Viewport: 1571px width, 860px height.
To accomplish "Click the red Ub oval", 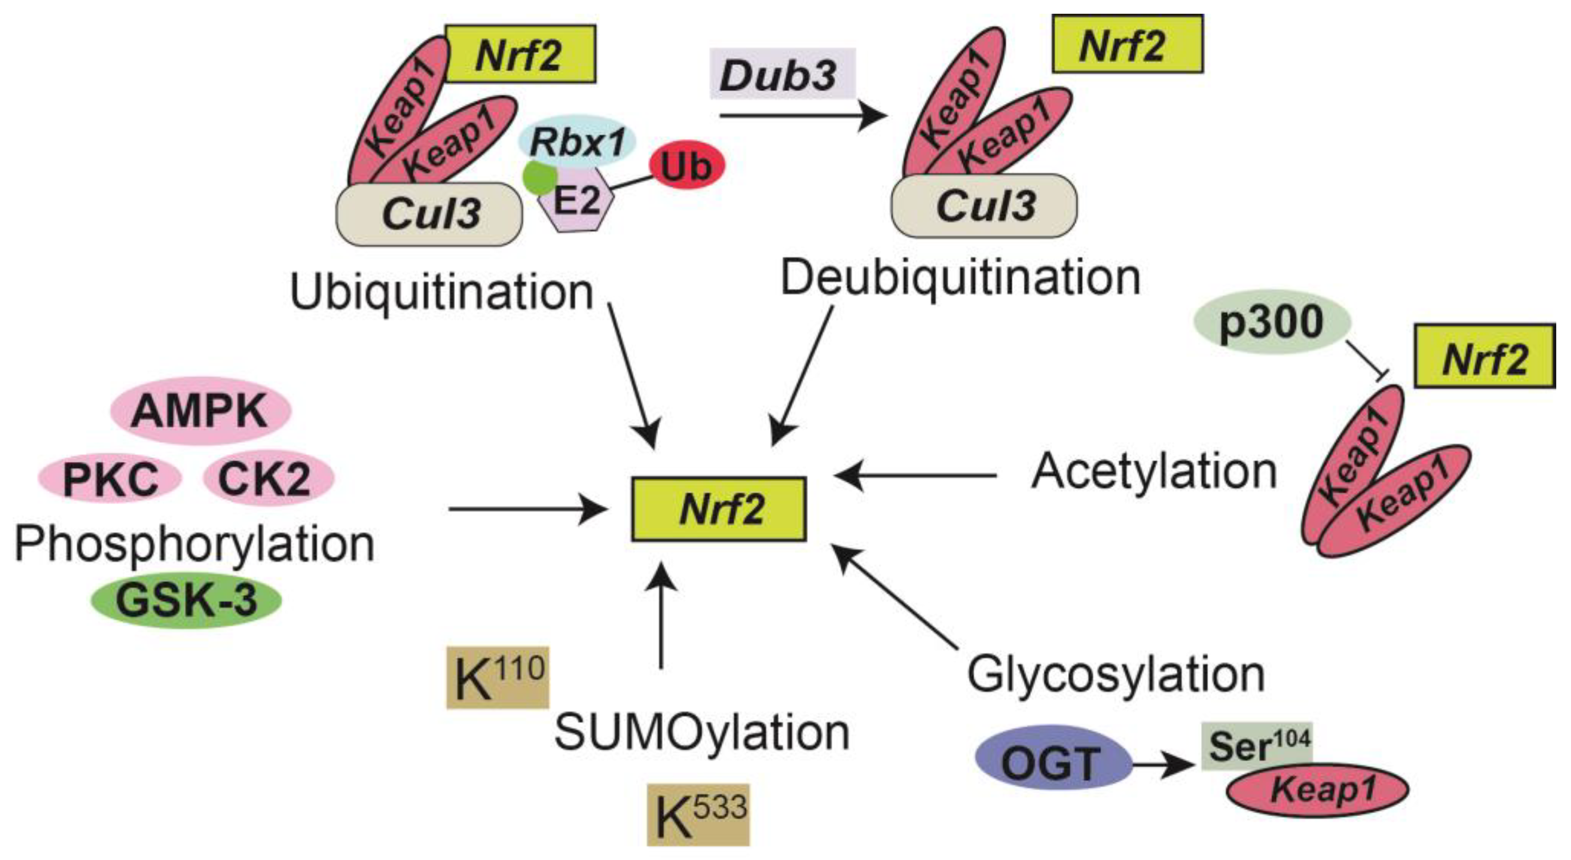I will point(687,166).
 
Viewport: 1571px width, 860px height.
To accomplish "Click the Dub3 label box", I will point(782,74).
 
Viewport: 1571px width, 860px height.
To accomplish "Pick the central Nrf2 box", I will point(718,509).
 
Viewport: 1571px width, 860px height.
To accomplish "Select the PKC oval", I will point(110,479).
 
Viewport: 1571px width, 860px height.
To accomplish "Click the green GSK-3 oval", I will point(186,600).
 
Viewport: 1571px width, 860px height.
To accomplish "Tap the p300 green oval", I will point(1272,323).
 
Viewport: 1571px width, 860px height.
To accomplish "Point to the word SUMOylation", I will point(702,732).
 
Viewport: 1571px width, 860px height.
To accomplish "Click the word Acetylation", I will point(1153,471).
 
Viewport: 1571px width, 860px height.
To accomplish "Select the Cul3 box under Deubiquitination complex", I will point(984,207).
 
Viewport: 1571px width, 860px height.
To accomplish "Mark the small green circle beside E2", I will point(539,177).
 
